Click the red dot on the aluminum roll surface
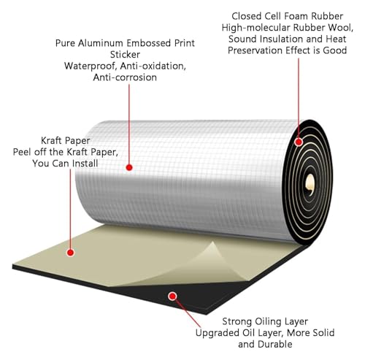[129, 167]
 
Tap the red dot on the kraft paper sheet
[70, 253]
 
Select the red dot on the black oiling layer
[172, 296]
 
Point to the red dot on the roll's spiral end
[299, 142]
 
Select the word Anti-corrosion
[125, 77]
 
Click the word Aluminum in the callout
[101, 43]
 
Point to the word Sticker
[125, 55]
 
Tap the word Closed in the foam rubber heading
[246, 16]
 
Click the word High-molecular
[256, 28]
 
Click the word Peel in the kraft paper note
[22, 152]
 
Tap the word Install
[82, 164]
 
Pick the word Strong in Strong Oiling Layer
[237, 321]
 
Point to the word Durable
[275, 344]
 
